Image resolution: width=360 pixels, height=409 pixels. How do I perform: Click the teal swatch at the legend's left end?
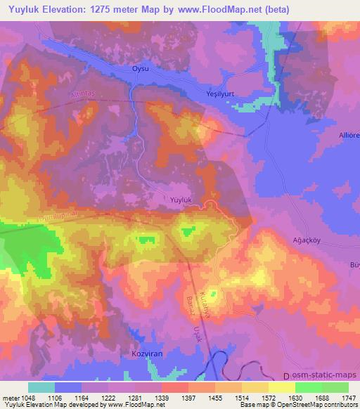pos(41,387)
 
